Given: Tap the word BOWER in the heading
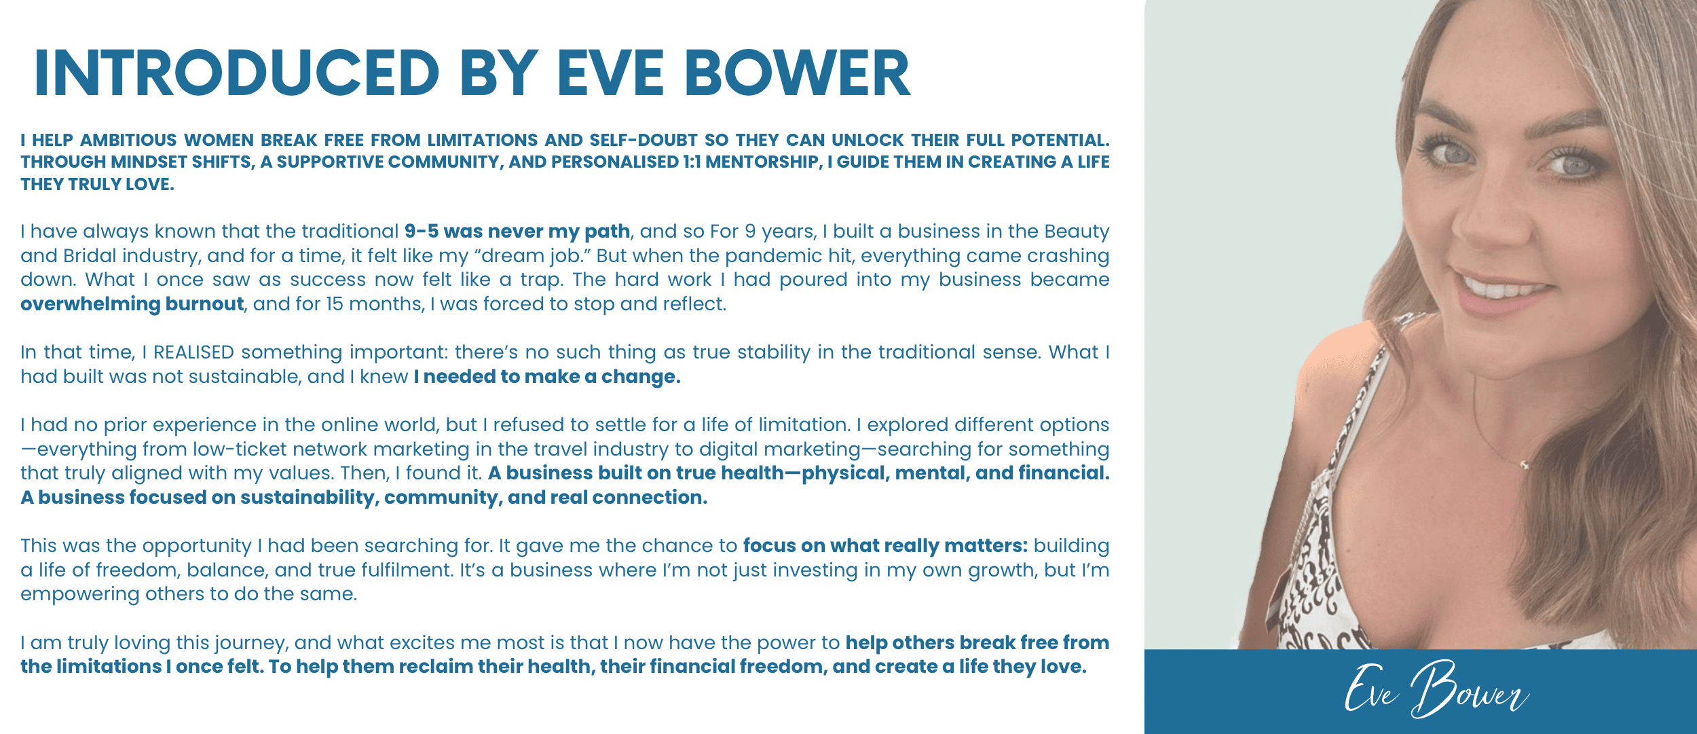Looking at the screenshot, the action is pyautogui.click(x=797, y=73).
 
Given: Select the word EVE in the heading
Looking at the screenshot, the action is pyautogui.click(x=610, y=73).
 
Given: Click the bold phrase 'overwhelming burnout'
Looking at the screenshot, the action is pyautogui.click(x=132, y=304).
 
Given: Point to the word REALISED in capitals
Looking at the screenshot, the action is pyautogui.click(x=193, y=352).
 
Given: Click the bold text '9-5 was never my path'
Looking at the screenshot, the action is pyautogui.click(x=517, y=232).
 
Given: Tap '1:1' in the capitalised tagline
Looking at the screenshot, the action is pyautogui.click(x=692, y=162).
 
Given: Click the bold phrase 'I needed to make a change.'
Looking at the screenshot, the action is pyautogui.click(x=547, y=377).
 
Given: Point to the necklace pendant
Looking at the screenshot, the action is pyautogui.click(x=1525, y=465).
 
